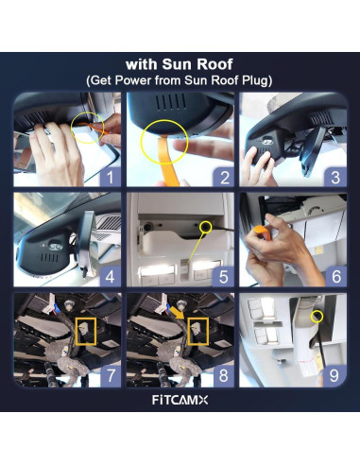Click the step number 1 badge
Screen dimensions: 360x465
[111, 177]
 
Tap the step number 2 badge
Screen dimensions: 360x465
[224, 177]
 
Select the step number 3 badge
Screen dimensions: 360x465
[336, 177]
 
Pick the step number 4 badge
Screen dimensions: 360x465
[111, 277]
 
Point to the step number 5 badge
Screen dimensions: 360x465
[224, 277]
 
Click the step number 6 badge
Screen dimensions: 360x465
[336, 277]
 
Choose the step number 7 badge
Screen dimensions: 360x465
[111, 376]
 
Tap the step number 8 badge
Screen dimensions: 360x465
[224, 376]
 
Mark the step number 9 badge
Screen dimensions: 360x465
[334, 376]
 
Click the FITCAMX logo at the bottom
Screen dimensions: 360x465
[180, 400]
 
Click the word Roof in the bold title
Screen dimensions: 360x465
[215, 64]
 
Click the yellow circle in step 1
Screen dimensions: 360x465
[73, 128]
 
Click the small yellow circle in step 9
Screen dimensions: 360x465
[313, 317]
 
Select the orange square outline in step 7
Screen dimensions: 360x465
[77, 331]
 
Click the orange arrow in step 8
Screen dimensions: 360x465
[178, 313]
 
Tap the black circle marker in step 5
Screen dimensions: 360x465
[206, 226]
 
